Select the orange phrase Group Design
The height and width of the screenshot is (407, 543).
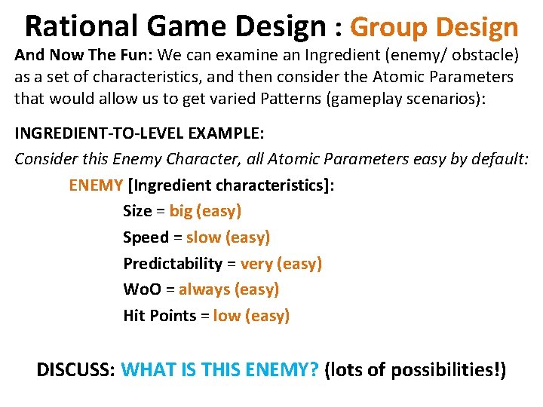pyautogui.click(x=434, y=28)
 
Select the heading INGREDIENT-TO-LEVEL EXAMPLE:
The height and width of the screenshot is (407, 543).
pyautogui.click(x=140, y=133)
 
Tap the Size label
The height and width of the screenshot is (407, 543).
pyautogui.click(x=137, y=211)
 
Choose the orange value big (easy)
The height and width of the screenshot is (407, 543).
pyautogui.click(x=205, y=211)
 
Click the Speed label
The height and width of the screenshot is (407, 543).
pyautogui.click(x=146, y=237)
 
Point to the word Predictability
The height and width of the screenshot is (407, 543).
pyautogui.click(x=173, y=264)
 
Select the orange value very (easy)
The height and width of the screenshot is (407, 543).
pyautogui.click(x=281, y=264)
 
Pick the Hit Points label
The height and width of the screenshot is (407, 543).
pyautogui.click(x=159, y=316)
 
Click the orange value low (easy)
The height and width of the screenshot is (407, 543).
pyautogui.click(x=251, y=316)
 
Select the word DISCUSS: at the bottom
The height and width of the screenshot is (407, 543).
pyautogui.click(x=76, y=371)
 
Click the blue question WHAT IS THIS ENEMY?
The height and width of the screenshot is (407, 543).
pyautogui.click(x=220, y=371)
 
